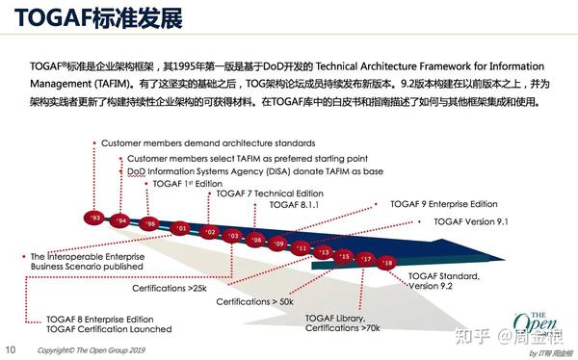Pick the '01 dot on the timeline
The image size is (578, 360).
pyautogui.click(x=181, y=228)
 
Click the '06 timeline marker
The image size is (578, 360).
pyautogui.click(x=256, y=239)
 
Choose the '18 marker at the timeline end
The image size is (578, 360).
pyautogui.click(x=387, y=262)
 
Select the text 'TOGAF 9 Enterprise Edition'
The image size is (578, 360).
pyautogui.click(x=444, y=204)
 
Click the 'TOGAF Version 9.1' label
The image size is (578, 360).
pyautogui.click(x=471, y=221)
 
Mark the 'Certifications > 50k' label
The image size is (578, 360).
pyautogui.click(x=255, y=301)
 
